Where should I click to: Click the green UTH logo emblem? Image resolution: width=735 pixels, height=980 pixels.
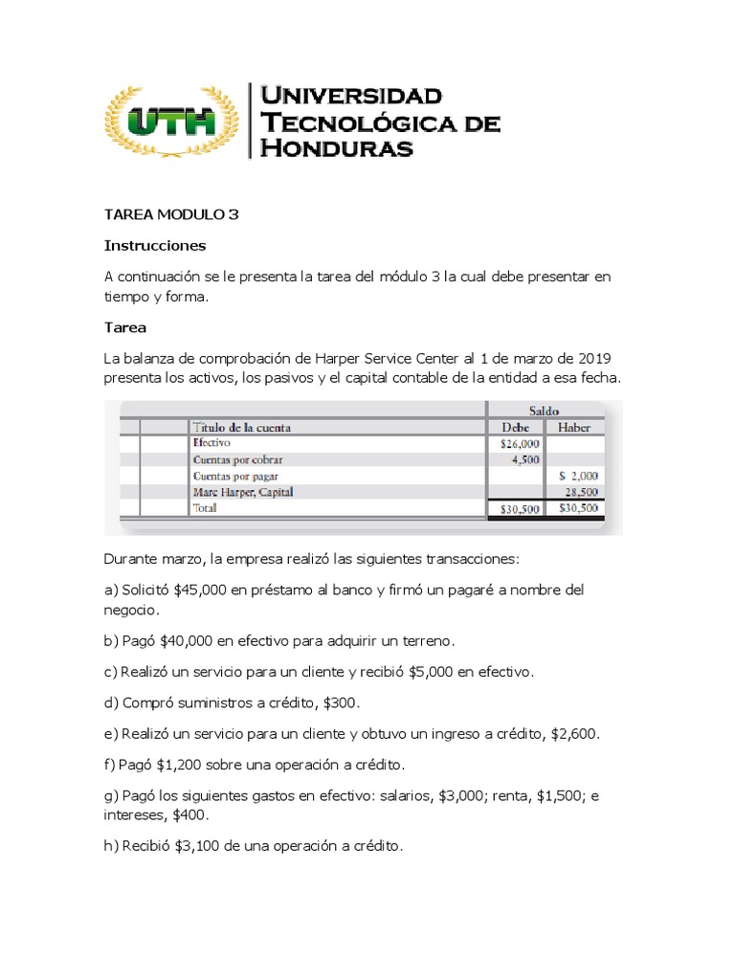[172, 122]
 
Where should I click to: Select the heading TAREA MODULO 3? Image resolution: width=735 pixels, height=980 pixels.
[171, 214]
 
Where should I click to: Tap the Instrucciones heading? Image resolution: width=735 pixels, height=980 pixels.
[155, 245]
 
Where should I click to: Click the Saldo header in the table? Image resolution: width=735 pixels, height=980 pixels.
[546, 410]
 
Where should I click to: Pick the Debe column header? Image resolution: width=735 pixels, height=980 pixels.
[515, 428]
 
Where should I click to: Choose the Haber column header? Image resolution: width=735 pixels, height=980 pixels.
[574, 428]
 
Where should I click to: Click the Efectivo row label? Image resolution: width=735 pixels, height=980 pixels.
[212, 444]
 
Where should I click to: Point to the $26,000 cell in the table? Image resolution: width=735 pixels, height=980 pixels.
[520, 444]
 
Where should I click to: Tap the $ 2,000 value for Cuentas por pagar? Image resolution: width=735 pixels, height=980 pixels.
[578, 476]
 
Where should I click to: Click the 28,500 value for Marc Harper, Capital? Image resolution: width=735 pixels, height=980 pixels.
[582, 492]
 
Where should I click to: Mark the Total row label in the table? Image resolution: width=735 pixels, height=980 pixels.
[205, 508]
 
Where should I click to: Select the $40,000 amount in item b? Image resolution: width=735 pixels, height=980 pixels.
[188, 640]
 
